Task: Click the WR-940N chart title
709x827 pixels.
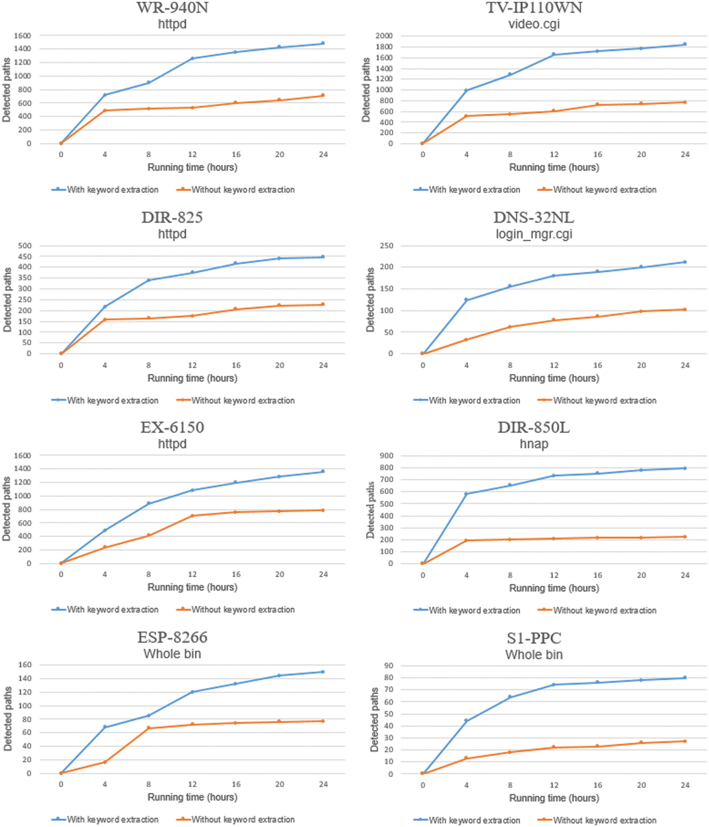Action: click(x=172, y=8)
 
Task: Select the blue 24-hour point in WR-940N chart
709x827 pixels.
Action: click(x=323, y=43)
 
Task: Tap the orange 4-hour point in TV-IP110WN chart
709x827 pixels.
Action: click(x=466, y=116)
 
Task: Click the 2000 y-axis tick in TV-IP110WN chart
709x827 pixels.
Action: click(x=384, y=36)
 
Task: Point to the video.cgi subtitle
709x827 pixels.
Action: click(x=534, y=24)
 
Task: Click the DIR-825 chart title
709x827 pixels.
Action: click(x=172, y=218)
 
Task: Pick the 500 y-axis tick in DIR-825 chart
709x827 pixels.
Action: click(x=25, y=246)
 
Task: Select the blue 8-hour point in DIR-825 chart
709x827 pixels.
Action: click(x=148, y=280)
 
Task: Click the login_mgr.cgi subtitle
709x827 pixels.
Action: click(x=534, y=234)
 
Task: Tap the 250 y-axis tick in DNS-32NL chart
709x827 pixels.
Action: click(x=386, y=246)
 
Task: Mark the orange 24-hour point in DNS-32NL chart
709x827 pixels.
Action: click(x=685, y=309)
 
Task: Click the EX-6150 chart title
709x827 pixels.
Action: click(x=172, y=427)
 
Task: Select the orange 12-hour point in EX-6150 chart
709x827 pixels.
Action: click(x=192, y=516)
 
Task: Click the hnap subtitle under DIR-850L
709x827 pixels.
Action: click(x=534, y=444)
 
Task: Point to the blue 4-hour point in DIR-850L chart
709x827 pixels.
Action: click(x=466, y=494)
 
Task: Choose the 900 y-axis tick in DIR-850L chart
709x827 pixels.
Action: click(x=386, y=456)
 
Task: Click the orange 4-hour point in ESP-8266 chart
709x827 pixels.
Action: click(x=105, y=762)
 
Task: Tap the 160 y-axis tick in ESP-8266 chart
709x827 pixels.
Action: click(x=25, y=665)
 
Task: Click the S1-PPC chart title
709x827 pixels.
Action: click(x=534, y=638)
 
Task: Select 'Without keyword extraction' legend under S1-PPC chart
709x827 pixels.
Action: click(x=604, y=820)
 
